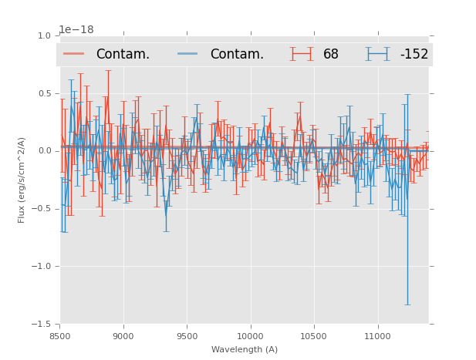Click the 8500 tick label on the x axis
click(60, 336)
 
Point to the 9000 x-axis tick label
click(123, 336)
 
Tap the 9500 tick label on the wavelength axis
click(187, 336)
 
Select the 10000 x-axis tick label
click(250, 336)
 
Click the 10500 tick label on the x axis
click(314, 336)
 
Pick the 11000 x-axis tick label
click(377, 336)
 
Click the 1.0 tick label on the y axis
click(45, 35)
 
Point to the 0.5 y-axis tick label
click(45, 93)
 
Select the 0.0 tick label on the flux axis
click(45, 151)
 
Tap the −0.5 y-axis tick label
click(42, 209)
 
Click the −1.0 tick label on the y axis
click(42, 267)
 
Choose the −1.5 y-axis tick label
click(42, 325)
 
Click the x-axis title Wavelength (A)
click(245, 349)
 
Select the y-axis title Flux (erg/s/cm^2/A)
click(22, 180)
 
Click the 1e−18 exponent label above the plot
click(76, 30)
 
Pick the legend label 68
click(331, 55)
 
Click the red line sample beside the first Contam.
click(74, 54)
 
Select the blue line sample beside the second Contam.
click(188, 54)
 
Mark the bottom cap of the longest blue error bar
click(407, 304)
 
